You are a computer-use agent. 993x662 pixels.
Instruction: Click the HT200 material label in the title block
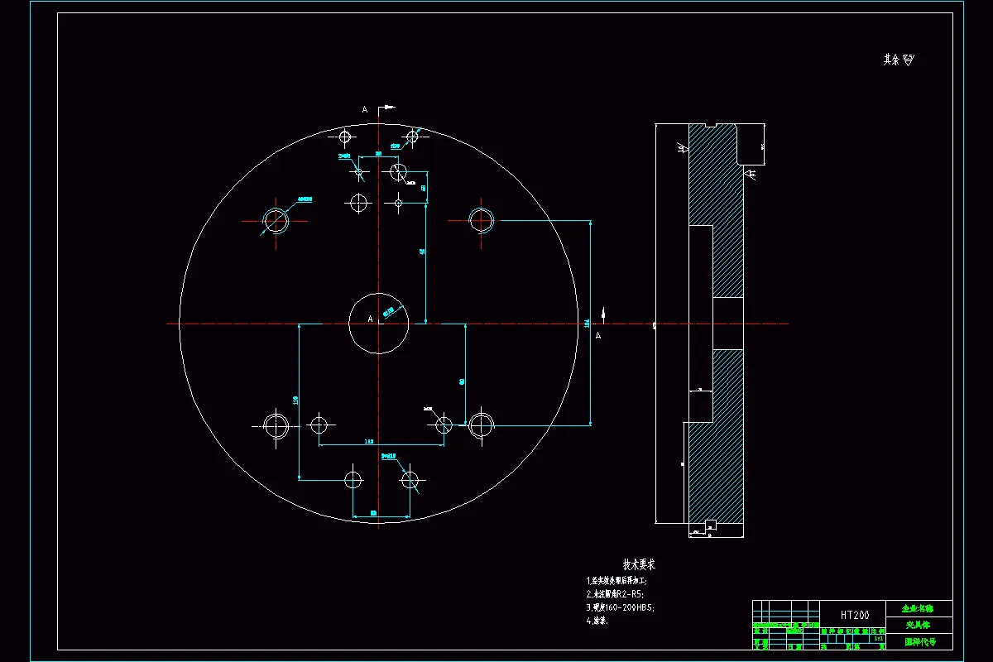[x=855, y=616]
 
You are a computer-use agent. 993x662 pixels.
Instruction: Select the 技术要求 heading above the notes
[x=639, y=564]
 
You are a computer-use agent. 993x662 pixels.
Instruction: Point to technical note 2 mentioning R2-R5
[x=615, y=593]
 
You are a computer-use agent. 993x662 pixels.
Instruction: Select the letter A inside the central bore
[x=370, y=319]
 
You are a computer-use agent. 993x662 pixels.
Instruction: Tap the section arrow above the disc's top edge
[x=386, y=108]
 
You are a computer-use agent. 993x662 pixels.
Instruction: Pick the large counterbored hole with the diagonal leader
[x=275, y=220]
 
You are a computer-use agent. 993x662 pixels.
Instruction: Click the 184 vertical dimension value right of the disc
[x=587, y=324]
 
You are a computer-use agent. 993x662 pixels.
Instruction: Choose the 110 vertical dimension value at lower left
[x=295, y=400]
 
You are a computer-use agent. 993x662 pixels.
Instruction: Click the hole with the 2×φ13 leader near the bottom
[x=410, y=478]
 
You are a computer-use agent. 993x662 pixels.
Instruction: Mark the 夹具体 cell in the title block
[x=919, y=625]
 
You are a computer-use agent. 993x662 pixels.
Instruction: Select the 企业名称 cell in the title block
[x=919, y=608]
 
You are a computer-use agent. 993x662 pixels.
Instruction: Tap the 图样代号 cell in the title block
[x=919, y=641]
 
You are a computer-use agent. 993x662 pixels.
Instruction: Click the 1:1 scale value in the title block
[x=877, y=638]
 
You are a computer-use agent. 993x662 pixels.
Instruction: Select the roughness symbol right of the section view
[x=751, y=175]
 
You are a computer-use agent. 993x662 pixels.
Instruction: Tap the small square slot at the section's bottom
[x=709, y=523]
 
